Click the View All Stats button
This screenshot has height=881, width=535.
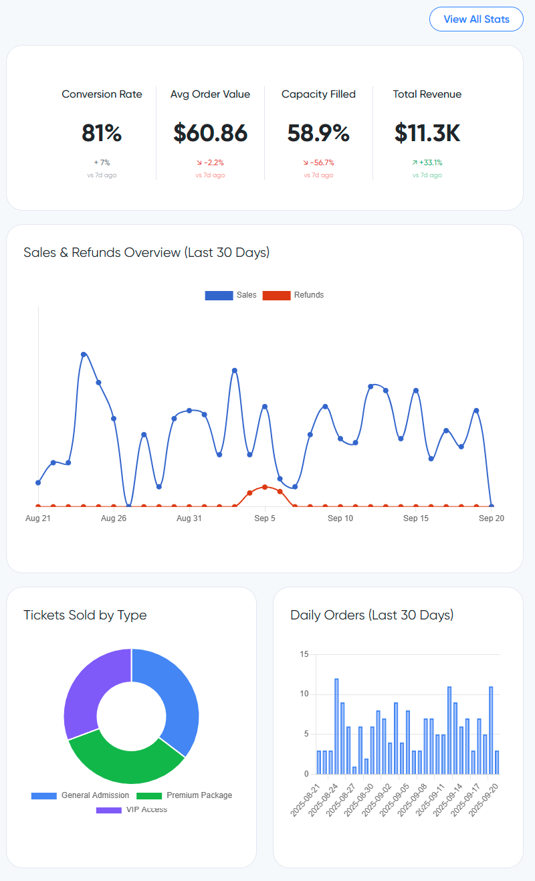[x=476, y=19]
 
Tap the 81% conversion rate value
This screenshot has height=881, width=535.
[x=102, y=133]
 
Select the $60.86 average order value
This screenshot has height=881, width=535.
[x=210, y=133]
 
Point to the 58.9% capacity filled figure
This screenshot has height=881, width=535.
[x=318, y=133]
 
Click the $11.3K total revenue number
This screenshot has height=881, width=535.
[x=427, y=133]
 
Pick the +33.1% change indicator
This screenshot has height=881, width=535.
[x=427, y=163]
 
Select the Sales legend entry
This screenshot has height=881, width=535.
[x=231, y=295]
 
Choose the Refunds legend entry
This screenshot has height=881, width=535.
[x=294, y=295]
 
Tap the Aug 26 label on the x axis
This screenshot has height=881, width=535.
[x=114, y=518]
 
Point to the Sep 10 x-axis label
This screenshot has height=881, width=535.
[x=340, y=518]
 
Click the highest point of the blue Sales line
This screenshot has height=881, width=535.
[x=84, y=354]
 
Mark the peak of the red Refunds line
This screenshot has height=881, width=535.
[x=265, y=487]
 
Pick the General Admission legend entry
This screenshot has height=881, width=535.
[x=80, y=795]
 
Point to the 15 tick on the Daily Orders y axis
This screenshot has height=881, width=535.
[x=304, y=654]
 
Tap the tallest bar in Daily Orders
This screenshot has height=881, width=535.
[x=336, y=726]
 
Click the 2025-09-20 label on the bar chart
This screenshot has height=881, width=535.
[x=486, y=800]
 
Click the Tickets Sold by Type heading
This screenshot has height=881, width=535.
[x=85, y=615]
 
